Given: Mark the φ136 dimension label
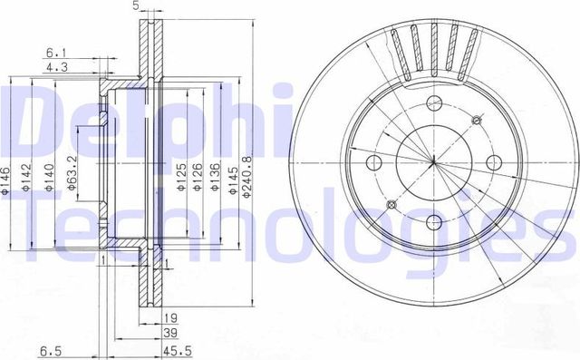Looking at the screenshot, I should tap(216, 174).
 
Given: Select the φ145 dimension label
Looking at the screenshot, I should tap(234, 174).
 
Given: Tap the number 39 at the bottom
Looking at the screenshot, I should tap(169, 333).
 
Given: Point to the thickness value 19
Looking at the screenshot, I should tap(169, 317).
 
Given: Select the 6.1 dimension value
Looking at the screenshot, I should tap(54, 53).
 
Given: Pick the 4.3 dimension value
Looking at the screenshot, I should tap(54, 66).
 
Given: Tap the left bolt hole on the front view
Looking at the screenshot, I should tap(372, 162).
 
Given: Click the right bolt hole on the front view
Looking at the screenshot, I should tap(494, 162).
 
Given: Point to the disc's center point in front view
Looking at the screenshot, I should tap(434, 162).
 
